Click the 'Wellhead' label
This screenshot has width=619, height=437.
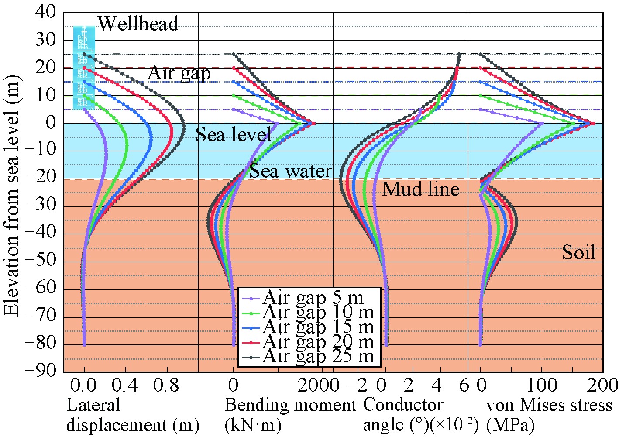(x=138, y=24)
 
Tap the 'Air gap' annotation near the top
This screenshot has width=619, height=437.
(x=179, y=73)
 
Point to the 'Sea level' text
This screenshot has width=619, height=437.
(x=234, y=134)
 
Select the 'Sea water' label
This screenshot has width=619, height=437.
(x=290, y=171)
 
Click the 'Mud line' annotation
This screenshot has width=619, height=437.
(x=420, y=189)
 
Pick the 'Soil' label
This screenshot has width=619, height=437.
(x=578, y=252)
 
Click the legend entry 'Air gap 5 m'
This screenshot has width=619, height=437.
(x=313, y=298)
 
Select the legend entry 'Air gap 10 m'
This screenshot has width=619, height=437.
(x=318, y=312)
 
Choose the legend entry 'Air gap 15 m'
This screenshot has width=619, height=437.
(x=318, y=327)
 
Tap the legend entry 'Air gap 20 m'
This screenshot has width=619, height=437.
(x=318, y=341)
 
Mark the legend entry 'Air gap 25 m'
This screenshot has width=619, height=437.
(x=318, y=356)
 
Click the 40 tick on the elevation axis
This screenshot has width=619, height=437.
(x=45, y=12)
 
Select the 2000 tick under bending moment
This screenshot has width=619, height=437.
(x=317, y=385)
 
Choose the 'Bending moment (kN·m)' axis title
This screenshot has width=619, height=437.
(x=290, y=415)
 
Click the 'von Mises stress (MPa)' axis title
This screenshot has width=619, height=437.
(x=549, y=415)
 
